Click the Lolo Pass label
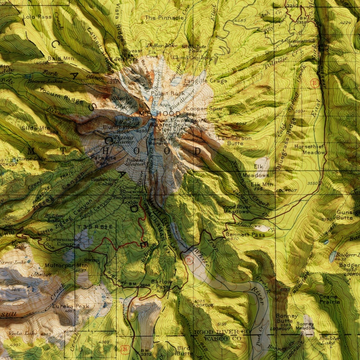36,17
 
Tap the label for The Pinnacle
164,18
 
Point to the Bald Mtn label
60,58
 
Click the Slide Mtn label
36,128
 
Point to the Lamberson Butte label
234,141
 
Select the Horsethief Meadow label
309,150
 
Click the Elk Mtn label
262,184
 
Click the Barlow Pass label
161,284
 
